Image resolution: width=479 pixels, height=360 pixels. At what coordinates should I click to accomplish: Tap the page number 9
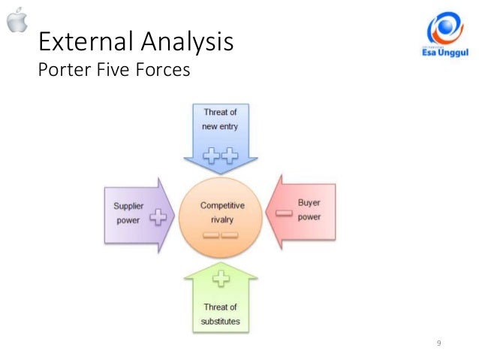(x=438, y=343)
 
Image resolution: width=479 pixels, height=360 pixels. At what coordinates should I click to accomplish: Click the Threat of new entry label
(x=220, y=119)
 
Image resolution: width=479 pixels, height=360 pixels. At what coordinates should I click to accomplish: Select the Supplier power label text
(x=128, y=213)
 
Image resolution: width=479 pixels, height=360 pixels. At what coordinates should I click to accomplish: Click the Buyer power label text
(x=309, y=210)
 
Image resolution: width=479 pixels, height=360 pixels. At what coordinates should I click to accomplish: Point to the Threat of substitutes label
(x=220, y=314)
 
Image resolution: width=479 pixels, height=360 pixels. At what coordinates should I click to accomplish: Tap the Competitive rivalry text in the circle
(x=221, y=212)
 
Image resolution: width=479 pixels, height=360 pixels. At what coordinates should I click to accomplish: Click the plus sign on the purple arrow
(x=158, y=218)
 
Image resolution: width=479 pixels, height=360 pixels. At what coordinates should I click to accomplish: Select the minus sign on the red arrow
(x=283, y=213)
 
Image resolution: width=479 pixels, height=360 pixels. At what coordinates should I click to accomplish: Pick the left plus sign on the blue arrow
(x=212, y=156)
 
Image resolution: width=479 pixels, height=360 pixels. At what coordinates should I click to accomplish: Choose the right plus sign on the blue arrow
(x=229, y=156)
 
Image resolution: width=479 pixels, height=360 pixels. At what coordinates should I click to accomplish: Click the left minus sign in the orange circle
(x=212, y=236)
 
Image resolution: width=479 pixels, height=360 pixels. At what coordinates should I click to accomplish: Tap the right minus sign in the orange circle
(x=230, y=236)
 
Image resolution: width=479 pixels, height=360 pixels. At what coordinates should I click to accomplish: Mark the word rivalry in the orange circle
(x=221, y=219)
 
